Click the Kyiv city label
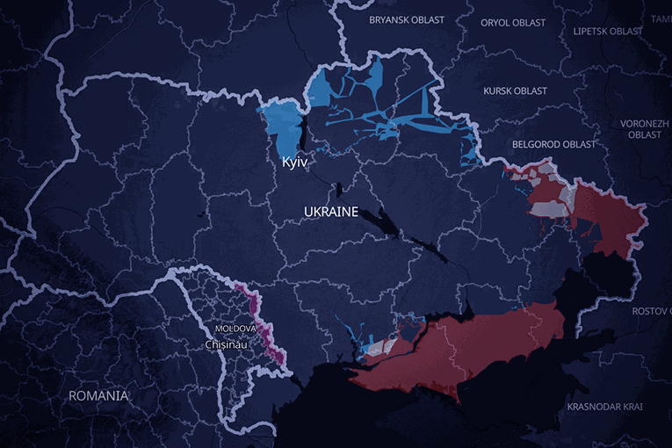(294, 163)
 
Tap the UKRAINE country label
(331, 213)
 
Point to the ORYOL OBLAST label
(513, 23)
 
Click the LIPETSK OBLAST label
(608, 31)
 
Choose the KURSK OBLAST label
(515, 90)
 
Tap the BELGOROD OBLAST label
(553, 144)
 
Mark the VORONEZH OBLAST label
(645, 129)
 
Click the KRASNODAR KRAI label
(604, 407)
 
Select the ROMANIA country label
(98, 396)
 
